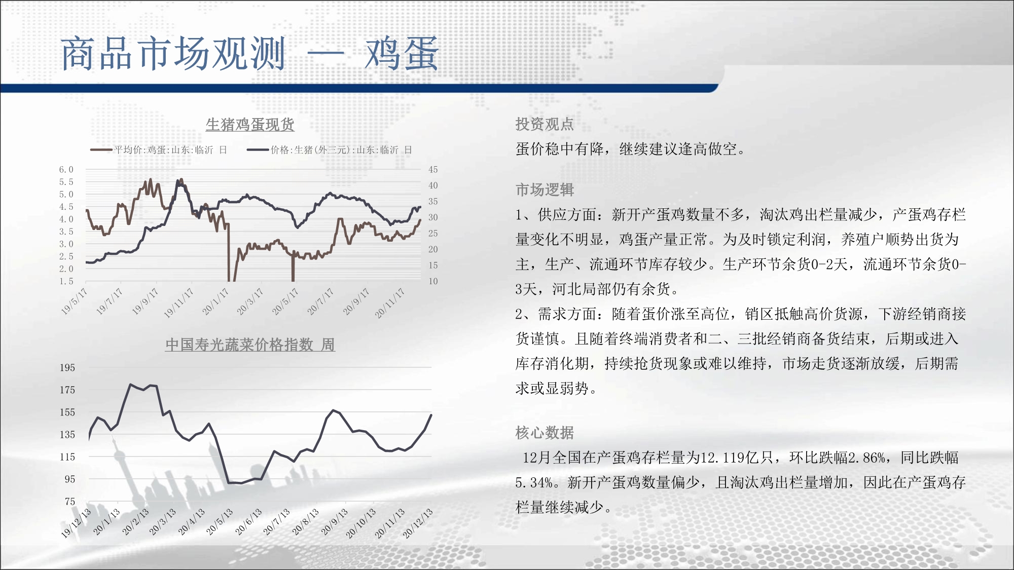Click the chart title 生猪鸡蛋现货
click(250, 125)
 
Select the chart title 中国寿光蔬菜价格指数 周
click(250, 345)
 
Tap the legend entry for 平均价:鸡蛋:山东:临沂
click(159, 150)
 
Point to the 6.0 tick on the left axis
click(66, 170)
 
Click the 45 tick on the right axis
click(433, 170)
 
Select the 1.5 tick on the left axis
click(66, 281)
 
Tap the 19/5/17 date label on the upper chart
click(74, 301)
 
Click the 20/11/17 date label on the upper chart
click(390, 303)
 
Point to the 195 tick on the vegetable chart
click(67, 368)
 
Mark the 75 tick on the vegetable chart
click(70, 502)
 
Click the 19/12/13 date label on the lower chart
click(76, 523)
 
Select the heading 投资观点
click(545, 124)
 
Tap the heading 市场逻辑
click(545, 190)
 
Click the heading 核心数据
click(545, 433)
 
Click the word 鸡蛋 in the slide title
click(402, 54)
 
